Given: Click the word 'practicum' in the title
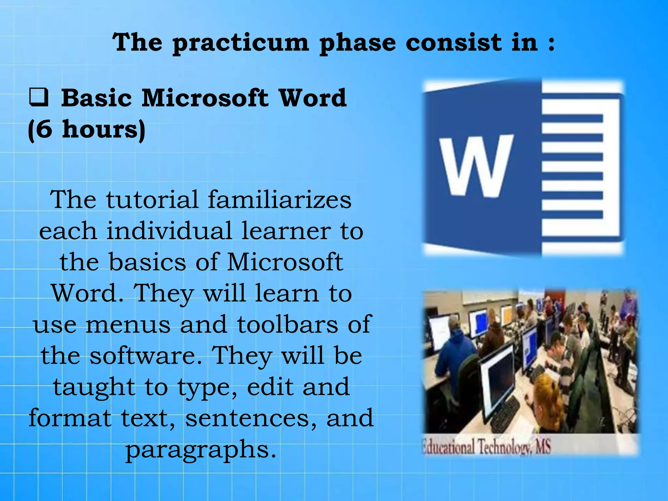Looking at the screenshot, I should click(x=240, y=43).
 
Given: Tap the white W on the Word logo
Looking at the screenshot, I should click(x=476, y=166).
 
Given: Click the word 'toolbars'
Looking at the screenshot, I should click(x=287, y=325).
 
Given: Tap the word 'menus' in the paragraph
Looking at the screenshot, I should click(x=128, y=325).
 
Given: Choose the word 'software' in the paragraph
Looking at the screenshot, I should click(x=146, y=356).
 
